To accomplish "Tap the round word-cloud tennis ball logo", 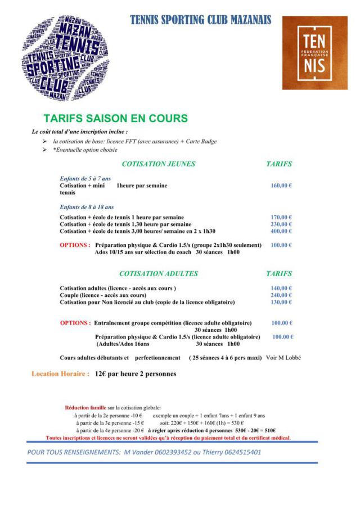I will point(66,58).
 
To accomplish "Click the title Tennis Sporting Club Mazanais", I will point(200,20).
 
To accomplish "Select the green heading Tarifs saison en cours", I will point(115,119).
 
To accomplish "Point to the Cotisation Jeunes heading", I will point(159,164).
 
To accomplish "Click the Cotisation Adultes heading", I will point(159,273).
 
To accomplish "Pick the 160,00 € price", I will point(281,185).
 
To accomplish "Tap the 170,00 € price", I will point(281,217).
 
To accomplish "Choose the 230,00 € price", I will point(281,224).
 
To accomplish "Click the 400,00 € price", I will point(281,231).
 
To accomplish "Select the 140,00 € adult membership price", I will point(281,288).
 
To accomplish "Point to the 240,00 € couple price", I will point(281,295).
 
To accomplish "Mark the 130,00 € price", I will point(281,302).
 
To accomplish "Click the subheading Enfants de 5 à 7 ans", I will point(85,178).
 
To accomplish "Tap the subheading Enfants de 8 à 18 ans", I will point(87,207).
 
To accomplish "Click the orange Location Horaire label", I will point(60,373).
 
